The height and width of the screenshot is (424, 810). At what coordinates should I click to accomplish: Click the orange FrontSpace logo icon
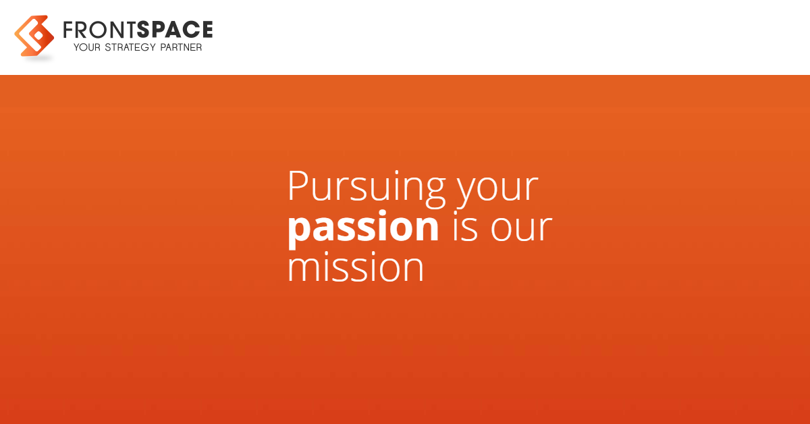pos(34,36)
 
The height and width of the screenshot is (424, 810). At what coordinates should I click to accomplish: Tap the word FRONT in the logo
pos(100,30)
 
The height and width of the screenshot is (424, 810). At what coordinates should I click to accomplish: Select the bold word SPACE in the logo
pos(175,29)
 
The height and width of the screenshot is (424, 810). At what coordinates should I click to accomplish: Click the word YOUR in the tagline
pos(87,47)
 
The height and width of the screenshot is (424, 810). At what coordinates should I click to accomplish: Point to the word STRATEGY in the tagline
pos(130,47)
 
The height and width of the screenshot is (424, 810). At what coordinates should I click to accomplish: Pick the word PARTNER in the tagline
pos(181,47)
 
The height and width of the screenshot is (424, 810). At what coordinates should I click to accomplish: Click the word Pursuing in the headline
pos(367,189)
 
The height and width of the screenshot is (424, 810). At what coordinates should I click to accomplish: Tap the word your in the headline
pos(497,190)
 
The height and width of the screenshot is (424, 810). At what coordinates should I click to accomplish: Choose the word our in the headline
pos(521,229)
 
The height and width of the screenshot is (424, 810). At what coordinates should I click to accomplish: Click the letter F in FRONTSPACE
pos(69,30)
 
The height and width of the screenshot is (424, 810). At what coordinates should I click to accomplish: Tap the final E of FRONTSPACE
pos(207,29)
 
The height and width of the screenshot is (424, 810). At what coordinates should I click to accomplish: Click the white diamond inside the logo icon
pos(38,36)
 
